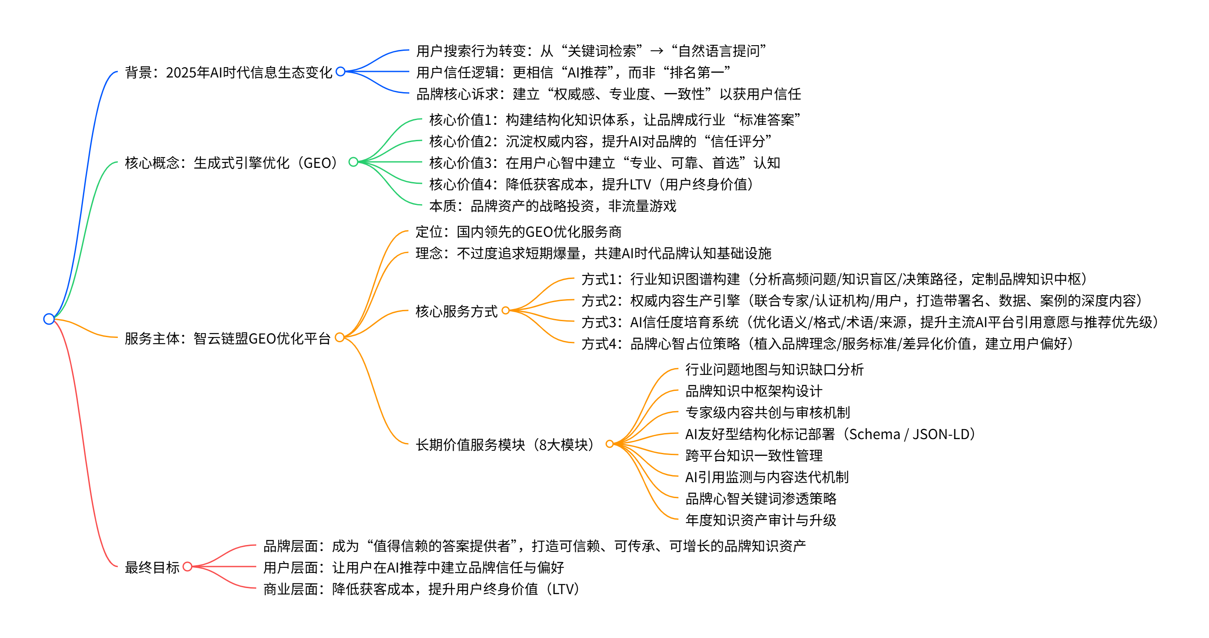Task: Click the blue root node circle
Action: tap(49, 319)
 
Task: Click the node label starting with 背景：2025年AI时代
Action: tap(228, 72)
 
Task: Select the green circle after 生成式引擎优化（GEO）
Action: tap(353, 162)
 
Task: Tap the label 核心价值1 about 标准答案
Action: tap(614, 120)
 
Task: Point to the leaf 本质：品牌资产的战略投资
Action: tap(552, 206)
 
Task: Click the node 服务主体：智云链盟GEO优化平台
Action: tap(227, 338)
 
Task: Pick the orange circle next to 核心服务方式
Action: tap(506, 310)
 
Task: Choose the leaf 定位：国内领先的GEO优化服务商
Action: tap(518, 232)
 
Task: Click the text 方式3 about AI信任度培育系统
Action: tap(870, 322)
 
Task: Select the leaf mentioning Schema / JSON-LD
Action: tap(831, 434)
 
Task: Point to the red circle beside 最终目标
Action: tap(187, 567)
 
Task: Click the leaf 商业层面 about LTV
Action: tap(422, 588)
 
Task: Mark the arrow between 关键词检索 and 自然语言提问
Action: tap(657, 51)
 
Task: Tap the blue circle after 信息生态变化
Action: tap(341, 71)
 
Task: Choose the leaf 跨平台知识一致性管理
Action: tap(754, 455)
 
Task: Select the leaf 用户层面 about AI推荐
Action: tap(414, 567)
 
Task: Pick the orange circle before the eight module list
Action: tap(610, 444)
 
